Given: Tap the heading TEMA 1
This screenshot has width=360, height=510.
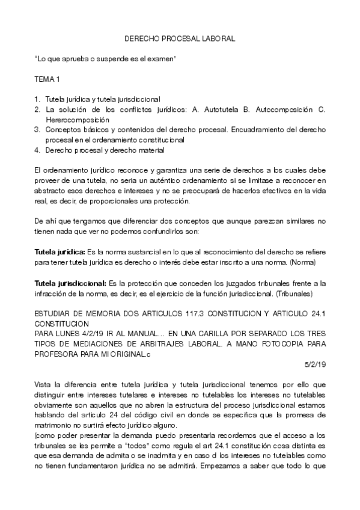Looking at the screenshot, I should pos(46,79).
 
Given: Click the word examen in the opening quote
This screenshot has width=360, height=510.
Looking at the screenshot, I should pos(163,58).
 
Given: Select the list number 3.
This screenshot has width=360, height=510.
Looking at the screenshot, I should pos(37,130).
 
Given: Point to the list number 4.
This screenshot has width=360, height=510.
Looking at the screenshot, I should pos(37,150).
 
